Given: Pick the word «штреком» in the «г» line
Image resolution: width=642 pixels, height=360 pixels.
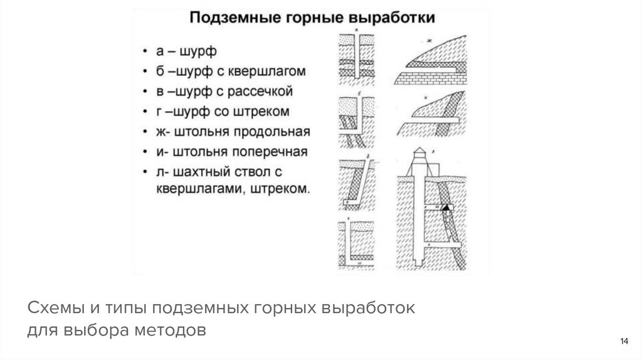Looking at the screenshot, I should (263, 112).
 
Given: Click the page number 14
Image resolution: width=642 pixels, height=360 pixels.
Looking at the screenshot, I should (624, 341).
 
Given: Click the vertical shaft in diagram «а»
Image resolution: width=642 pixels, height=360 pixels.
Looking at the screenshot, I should (355, 56).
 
